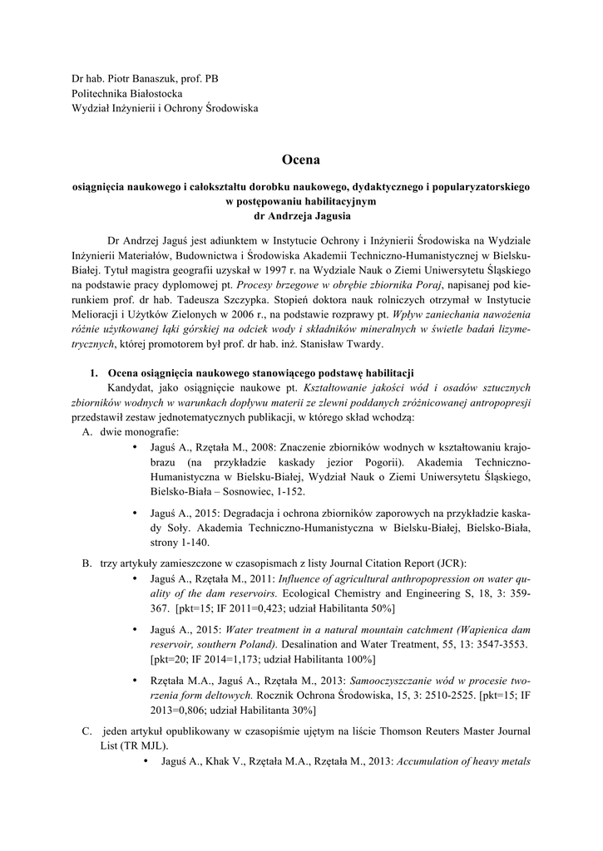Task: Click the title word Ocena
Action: (x=300, y=160)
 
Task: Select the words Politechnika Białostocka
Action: (x=126, y=94)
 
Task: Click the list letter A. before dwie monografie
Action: (x=87, y=432)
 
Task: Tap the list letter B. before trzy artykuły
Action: (x=87, y=563)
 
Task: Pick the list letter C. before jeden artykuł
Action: (x=87, y=731)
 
